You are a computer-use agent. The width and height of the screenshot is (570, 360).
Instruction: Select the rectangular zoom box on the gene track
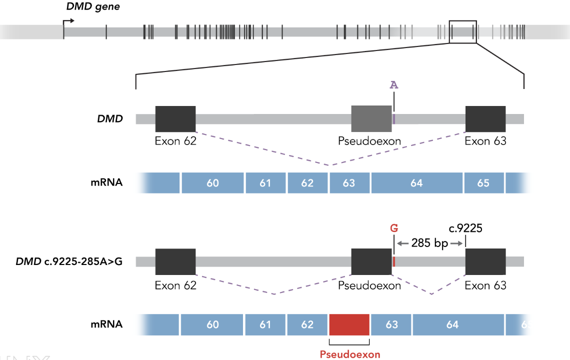pos(462,31)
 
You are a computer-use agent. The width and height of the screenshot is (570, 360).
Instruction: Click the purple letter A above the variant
pos(394,85)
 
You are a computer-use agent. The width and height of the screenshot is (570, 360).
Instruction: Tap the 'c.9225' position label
pos(465,228)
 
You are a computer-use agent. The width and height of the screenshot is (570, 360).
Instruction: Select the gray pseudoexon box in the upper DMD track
pos(371,118)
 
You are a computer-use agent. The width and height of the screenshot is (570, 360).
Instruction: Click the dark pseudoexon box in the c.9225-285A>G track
pos(371,261)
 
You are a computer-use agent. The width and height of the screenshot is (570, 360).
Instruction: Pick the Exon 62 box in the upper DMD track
pos(175,118)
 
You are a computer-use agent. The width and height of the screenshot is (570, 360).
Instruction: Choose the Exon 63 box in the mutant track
pos(485,261)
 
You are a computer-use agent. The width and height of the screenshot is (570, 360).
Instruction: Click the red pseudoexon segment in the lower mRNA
pos(349,325)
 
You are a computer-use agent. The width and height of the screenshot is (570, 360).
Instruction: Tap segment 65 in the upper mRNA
pos(483,183)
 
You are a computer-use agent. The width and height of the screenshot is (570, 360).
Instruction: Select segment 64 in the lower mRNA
pos(452,325)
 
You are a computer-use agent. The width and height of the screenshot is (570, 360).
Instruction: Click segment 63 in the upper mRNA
pos(349,183)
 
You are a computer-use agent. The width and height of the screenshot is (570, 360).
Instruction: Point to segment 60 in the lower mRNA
pos(212,325)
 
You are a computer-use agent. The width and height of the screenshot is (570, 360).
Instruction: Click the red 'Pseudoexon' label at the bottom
pos(350,354)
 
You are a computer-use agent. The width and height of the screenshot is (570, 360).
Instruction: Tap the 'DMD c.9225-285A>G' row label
pos(69,261)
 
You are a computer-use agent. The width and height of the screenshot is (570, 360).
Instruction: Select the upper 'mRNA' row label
pos(106,183)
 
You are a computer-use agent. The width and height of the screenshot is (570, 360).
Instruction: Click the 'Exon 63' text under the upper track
pos(485,141)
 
